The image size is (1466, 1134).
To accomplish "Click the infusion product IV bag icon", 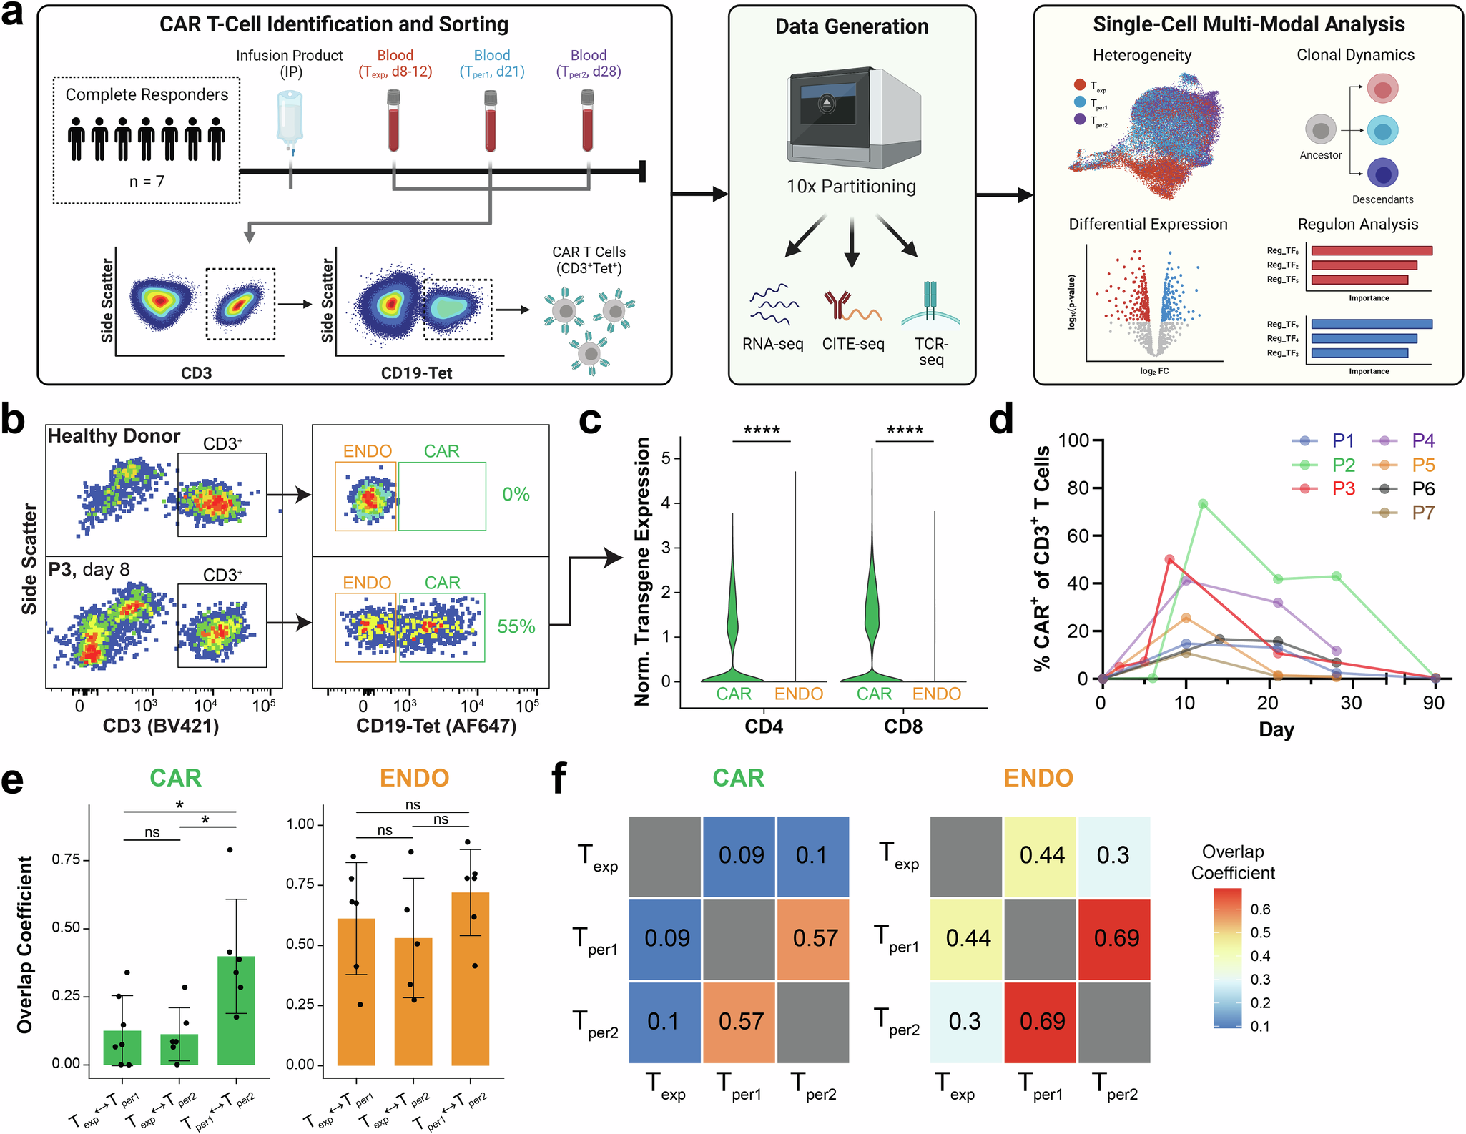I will tap(290, 118).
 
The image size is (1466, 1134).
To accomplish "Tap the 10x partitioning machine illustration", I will tap(851, 118).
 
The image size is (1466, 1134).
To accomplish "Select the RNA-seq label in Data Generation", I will tap(772, 344).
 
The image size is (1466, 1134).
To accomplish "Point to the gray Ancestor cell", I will tap(1320, 130).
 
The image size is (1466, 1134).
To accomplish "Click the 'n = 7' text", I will tap(147, 182).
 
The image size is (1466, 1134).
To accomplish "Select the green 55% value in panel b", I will tap(516, 626).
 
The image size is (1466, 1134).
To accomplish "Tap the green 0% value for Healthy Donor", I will tap(516, 494).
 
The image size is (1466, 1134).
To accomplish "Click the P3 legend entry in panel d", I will tap(1342, 488).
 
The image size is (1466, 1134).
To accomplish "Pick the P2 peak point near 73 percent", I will tap(1203, 504).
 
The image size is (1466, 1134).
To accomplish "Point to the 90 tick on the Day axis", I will tap(1433, 703).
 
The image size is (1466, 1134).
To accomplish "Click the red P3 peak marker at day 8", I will tap(1169, 560).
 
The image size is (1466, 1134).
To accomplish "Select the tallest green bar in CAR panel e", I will tap(236, 1010).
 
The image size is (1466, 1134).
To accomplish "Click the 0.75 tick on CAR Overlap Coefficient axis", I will tap(65, 859).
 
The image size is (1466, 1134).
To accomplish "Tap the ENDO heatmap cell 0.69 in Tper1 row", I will tap(1115, 938).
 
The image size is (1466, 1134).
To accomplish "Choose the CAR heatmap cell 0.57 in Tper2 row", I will tap(740, 1022).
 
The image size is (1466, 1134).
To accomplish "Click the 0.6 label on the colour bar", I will tap(1260, 909).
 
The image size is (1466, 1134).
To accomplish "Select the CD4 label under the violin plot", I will tap(763, 726).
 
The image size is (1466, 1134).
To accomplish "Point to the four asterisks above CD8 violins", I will tap(904, 430).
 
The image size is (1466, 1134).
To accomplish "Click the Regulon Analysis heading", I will tap(1357, 224).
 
